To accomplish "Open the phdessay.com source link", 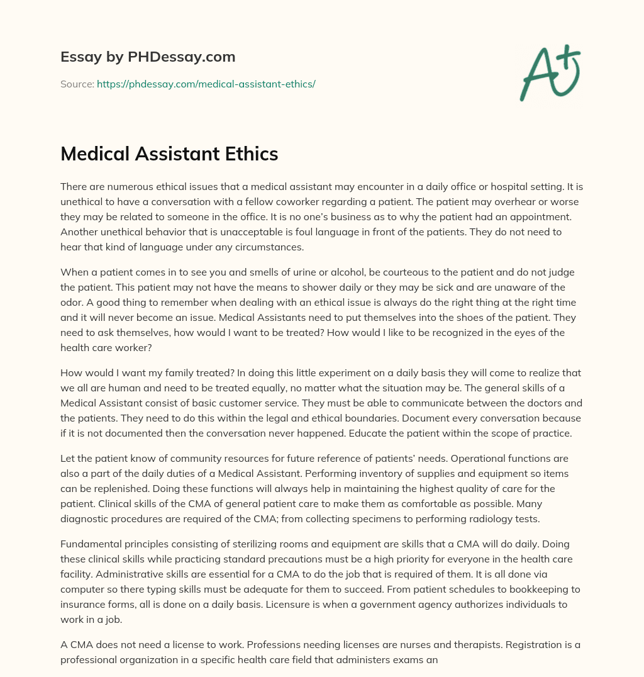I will (x=206, y=84).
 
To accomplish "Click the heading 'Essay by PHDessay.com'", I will (x=148, y=57).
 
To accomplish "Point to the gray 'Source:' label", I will (x=77, y=84).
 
